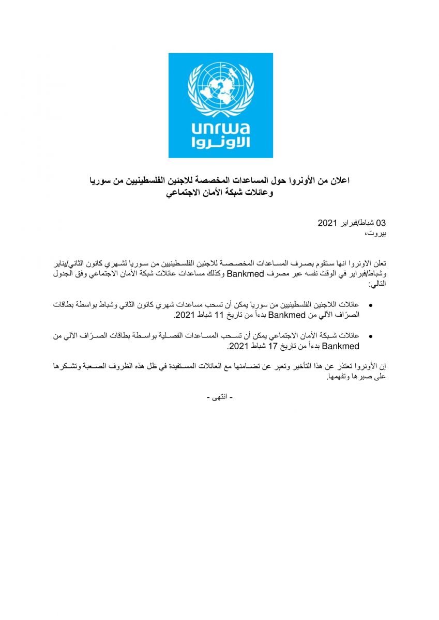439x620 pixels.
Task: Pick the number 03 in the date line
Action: pos(381,223)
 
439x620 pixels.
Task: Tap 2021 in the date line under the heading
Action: pos(327,223)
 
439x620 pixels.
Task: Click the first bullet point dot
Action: pos(371,306)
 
